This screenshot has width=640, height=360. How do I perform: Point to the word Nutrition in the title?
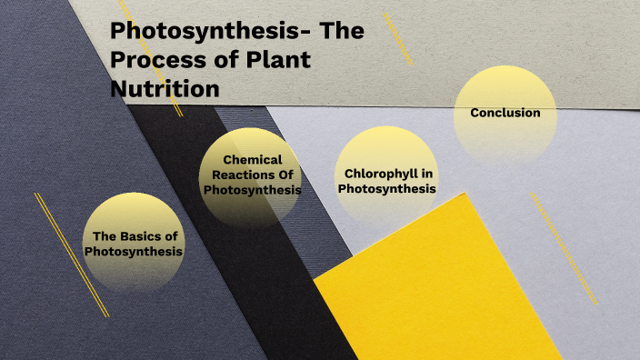pyautogui.click(x=165, y=89)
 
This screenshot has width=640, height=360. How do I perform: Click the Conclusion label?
pyautogui.click(x=505, y=113)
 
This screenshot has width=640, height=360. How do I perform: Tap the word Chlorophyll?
pyautogui.click(x=386, y=173)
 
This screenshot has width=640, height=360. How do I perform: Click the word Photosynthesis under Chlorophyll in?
pyautogui.click(x=386, y=189)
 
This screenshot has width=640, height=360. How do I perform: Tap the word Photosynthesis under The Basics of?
pyautogui.click(x=134, y=251)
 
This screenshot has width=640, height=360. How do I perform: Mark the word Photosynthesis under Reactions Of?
pyautogui.click(x=252, y=190)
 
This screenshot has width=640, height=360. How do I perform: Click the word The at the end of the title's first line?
pyautogui.click(x=345, y=31)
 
